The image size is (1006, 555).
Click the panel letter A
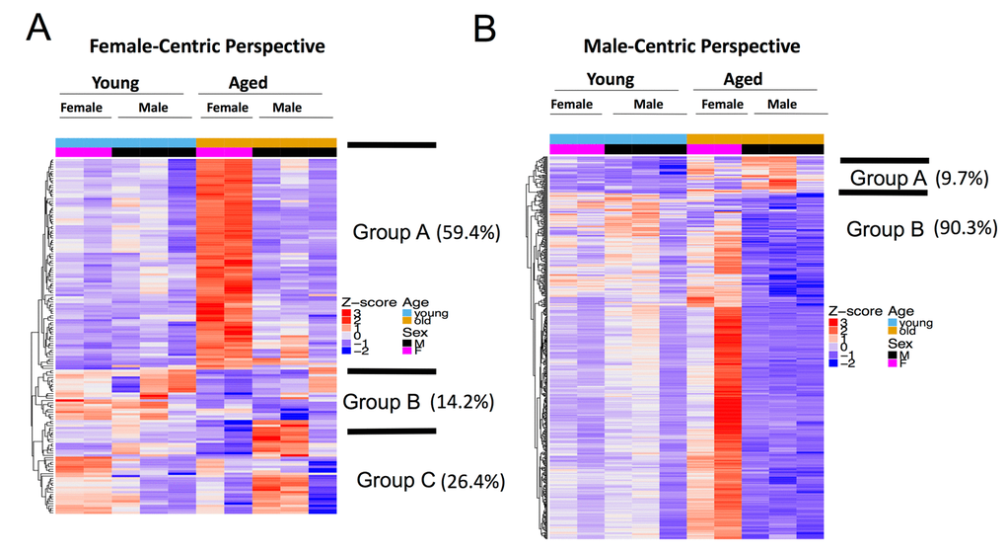[38, 28]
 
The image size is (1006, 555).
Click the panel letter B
[485, 28]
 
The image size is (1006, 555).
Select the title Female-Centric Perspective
[207, 46]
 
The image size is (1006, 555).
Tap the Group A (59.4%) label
[426, 233]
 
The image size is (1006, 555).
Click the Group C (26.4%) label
[431, 481]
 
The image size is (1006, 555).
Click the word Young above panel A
[115, 83]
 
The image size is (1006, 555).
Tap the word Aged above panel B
[743, 79]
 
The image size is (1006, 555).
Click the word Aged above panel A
[248, 83]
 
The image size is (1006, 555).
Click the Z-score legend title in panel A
[370, 303]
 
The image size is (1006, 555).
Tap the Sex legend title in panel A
[413, 333]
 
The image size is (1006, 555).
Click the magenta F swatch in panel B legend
[892, 363]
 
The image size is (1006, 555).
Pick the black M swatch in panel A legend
[405, 343]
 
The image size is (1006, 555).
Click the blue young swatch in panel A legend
[405, 313]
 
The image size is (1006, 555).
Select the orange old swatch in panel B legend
[892, 332]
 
